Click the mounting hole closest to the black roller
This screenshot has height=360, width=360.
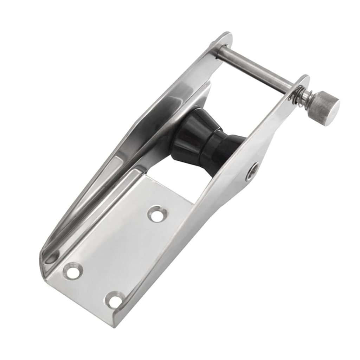[155, 214]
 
